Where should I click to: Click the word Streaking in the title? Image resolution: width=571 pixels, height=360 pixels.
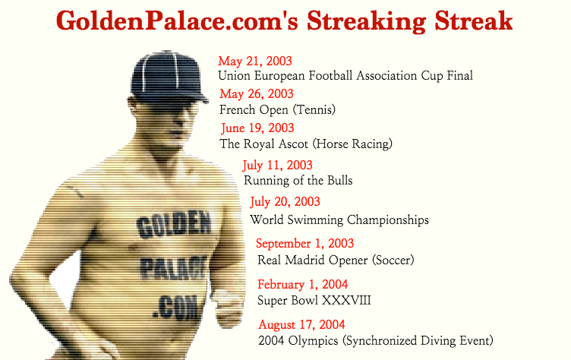point(366,21)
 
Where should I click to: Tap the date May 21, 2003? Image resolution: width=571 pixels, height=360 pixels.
point(255,61)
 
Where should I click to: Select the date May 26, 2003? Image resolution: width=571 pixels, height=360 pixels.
point(257,93)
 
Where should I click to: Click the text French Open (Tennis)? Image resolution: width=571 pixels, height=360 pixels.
point(277,109)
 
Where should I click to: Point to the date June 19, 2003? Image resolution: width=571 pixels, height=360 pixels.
point(257,128)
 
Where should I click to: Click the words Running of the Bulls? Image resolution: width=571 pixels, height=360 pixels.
point(298,180)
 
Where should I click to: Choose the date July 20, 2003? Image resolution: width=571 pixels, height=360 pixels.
point(285,201)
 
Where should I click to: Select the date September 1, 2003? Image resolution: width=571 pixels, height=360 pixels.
point(304,243)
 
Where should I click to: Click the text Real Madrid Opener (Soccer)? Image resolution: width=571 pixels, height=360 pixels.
point(336,261)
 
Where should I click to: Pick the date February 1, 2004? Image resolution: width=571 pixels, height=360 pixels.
point(303,284)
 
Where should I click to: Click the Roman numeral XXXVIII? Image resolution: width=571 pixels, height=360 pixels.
point(346,301)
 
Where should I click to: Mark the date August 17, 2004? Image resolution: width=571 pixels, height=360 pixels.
point(301,324)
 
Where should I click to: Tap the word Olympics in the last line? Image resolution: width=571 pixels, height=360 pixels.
point(313,341)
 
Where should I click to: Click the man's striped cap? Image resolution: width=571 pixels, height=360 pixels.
point(169,77)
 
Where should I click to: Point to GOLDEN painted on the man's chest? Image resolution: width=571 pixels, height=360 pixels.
point(174,224)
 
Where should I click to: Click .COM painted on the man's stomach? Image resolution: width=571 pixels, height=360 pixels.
point(175,308)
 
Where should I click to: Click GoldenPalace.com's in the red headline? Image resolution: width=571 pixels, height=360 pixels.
point(178,21)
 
